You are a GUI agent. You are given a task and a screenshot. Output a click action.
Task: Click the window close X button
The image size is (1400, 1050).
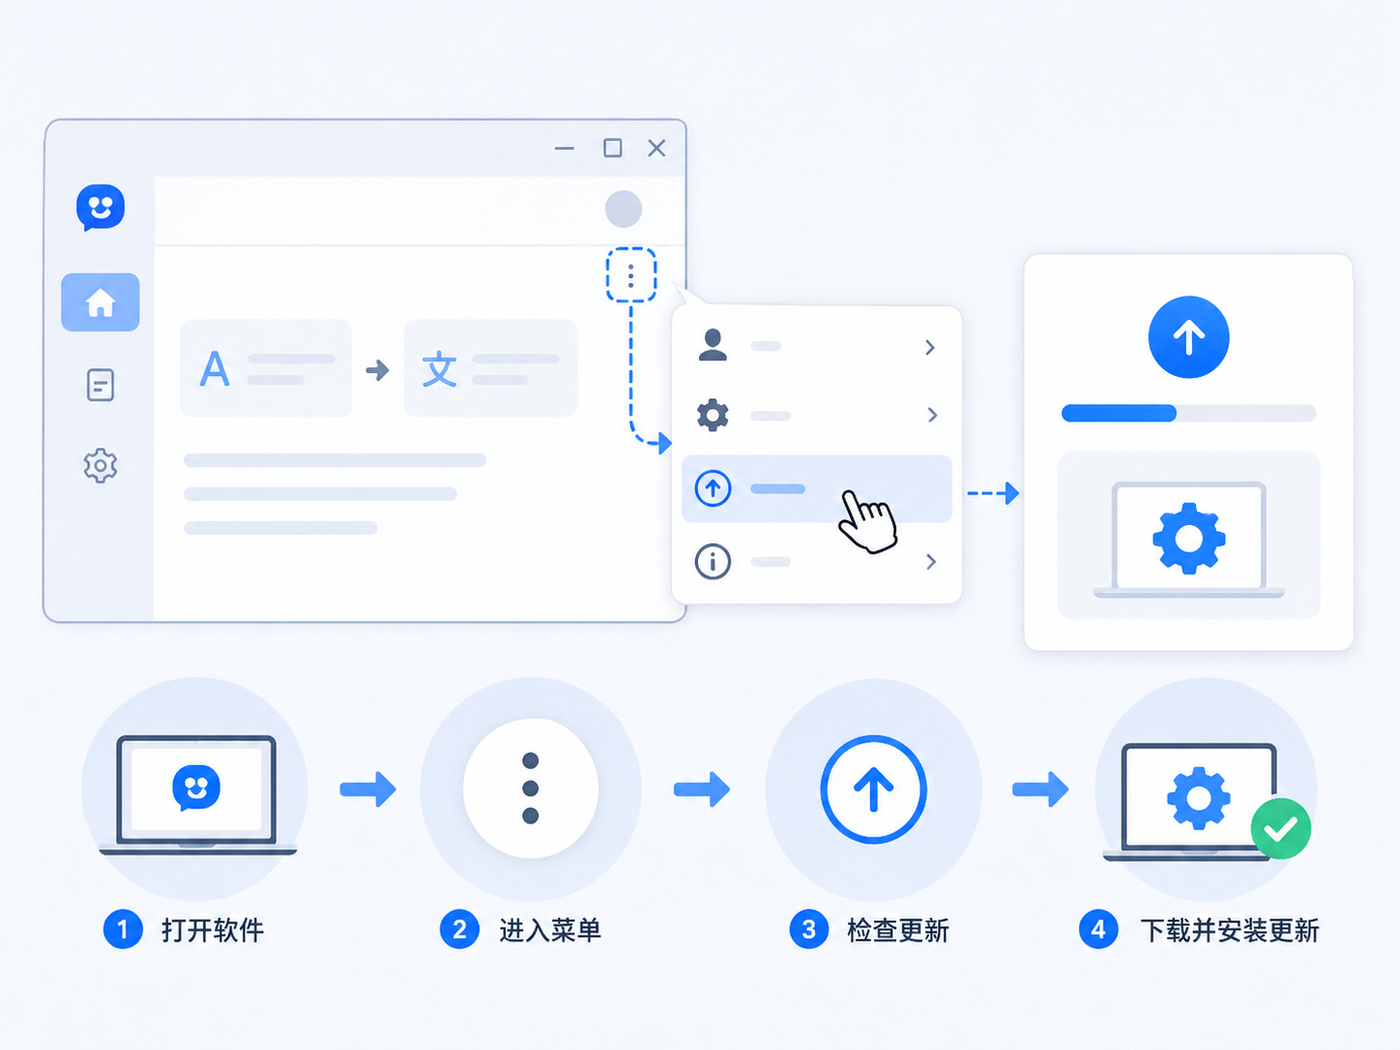(656, 148)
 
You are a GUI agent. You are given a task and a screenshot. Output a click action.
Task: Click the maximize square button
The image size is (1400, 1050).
(612, 148)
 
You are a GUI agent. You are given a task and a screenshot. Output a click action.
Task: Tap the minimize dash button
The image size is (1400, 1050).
(564, 149)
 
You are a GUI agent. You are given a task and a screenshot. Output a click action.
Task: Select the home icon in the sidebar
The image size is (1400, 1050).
(101, 303)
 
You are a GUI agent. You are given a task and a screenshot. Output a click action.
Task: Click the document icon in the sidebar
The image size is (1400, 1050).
(101, 385)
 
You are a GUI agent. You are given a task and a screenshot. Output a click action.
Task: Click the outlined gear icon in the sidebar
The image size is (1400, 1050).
(101, 465)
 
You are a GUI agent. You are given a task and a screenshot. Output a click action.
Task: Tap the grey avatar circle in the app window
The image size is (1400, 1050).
(624, 209)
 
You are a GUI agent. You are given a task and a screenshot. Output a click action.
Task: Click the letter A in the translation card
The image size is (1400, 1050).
(215, 368)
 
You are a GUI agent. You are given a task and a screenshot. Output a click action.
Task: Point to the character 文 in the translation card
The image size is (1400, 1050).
(440, 369)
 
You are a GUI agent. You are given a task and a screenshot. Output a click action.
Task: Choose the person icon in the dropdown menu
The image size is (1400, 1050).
(713, 345)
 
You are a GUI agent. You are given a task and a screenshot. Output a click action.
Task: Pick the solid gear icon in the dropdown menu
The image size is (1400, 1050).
(713, 416)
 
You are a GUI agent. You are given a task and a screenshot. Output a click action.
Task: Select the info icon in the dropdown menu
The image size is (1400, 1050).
(713, 562)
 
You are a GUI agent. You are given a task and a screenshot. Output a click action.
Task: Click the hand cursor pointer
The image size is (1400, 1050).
(866, 521)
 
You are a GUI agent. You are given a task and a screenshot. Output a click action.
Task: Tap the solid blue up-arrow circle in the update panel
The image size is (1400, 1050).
(1189, 336)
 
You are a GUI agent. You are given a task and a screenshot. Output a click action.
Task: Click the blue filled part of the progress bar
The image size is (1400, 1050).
(1119, 413)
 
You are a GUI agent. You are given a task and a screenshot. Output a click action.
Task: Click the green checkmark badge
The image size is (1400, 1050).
(1281, 829)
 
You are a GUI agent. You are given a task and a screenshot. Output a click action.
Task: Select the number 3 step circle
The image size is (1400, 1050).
(808, 929)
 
